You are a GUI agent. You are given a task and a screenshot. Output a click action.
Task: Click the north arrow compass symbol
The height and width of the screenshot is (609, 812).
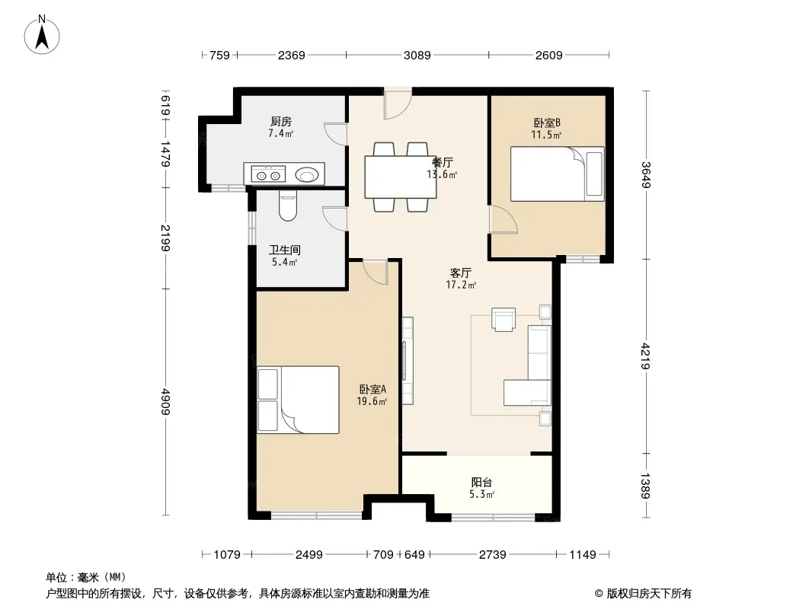point(42,35)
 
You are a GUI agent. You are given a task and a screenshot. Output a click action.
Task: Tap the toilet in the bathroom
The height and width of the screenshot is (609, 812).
point(286,206)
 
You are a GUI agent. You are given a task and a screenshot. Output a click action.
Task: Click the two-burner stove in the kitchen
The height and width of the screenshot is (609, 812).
point(268,174)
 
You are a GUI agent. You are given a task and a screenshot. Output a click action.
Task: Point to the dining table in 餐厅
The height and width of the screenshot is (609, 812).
point(401,177)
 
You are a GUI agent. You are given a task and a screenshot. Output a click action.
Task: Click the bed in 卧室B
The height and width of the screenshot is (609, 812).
point(558,174)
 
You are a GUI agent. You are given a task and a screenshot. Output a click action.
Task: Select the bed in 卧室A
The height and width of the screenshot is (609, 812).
point(299,400)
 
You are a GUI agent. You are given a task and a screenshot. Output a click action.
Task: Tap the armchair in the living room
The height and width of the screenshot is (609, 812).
point(504,319)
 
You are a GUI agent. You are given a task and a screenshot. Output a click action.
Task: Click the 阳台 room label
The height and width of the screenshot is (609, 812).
point(481,483)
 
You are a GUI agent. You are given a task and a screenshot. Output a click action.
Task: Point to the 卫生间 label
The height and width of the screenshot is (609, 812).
point(284,250)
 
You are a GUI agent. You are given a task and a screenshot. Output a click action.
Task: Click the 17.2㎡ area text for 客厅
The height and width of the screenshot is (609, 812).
point(461,285)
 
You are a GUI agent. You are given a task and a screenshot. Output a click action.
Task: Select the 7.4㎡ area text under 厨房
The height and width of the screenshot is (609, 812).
point(280,133)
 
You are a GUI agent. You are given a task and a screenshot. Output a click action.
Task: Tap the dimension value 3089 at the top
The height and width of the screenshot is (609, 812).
point(417,55)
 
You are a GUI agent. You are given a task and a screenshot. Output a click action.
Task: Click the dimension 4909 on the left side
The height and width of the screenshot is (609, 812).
point(165,401)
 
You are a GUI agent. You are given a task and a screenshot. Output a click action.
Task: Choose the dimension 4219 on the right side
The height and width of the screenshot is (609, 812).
point(645,356)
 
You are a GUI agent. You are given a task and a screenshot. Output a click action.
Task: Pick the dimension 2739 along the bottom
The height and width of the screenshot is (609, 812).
point(493,555)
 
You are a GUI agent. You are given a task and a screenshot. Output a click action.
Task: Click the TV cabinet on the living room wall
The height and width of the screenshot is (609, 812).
point(408,361)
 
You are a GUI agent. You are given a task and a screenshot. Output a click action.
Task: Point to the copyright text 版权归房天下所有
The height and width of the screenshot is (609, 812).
point(649,594)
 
